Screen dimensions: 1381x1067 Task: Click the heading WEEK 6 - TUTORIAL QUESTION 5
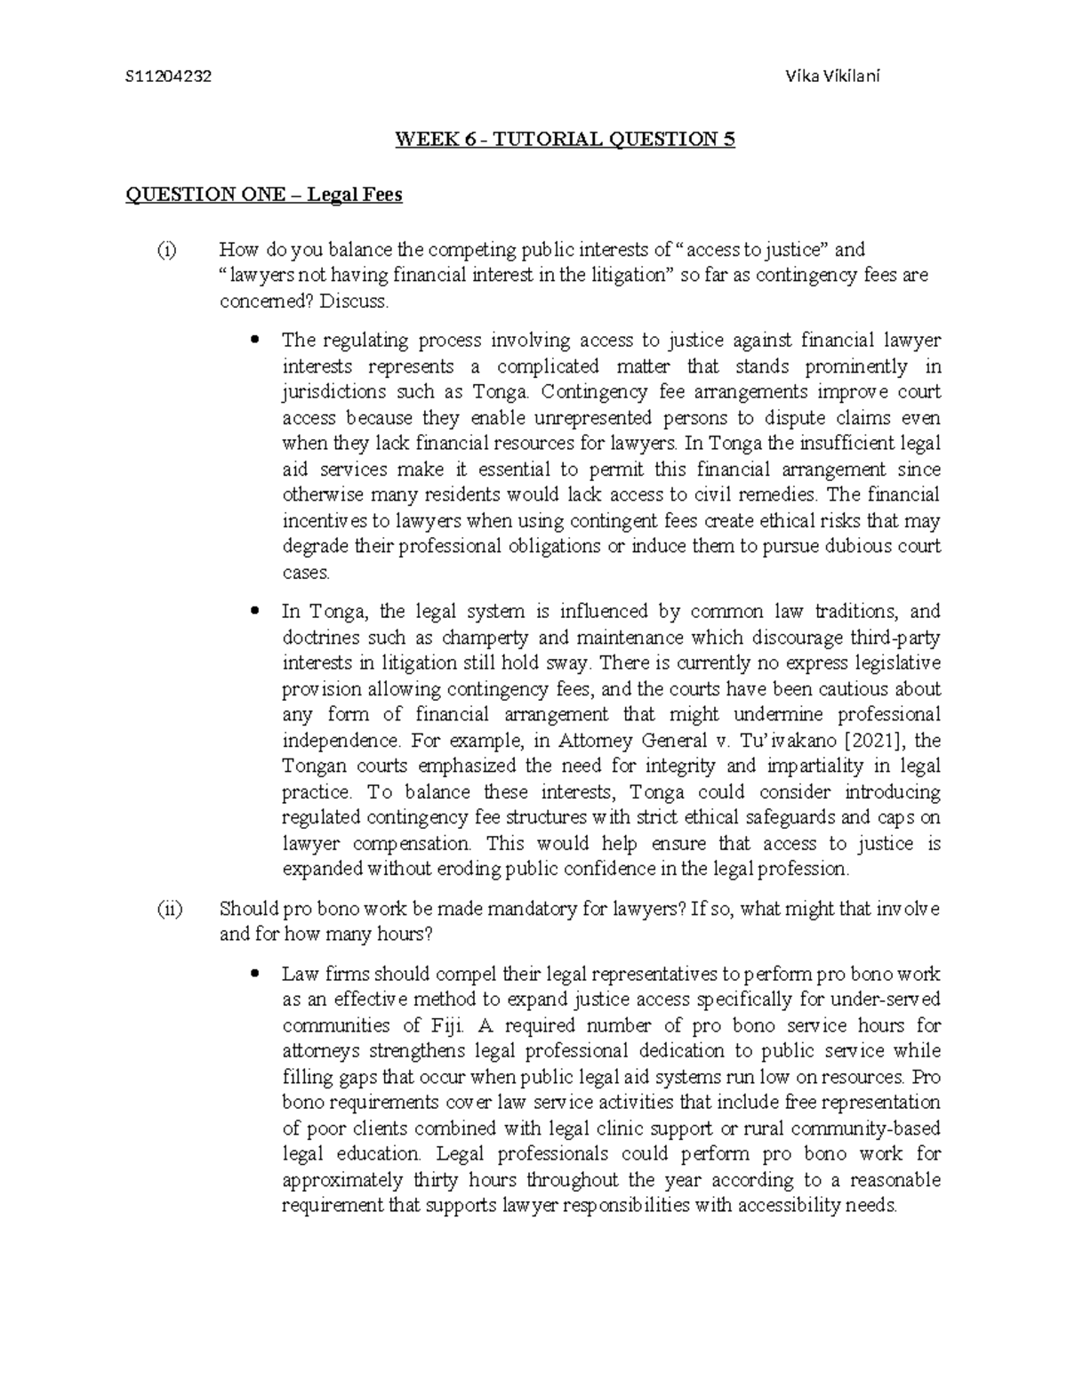(x=566, y=140)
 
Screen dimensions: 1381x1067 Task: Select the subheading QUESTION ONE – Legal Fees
(x=264, y=195)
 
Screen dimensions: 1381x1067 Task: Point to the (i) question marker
(x=167, y=250)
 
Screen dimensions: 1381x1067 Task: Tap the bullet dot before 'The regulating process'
(x=256, y=340)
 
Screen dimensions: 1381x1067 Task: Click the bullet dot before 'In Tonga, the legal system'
(x=256, y=612)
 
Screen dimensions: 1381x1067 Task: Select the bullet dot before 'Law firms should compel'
(x=256, y=974)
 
